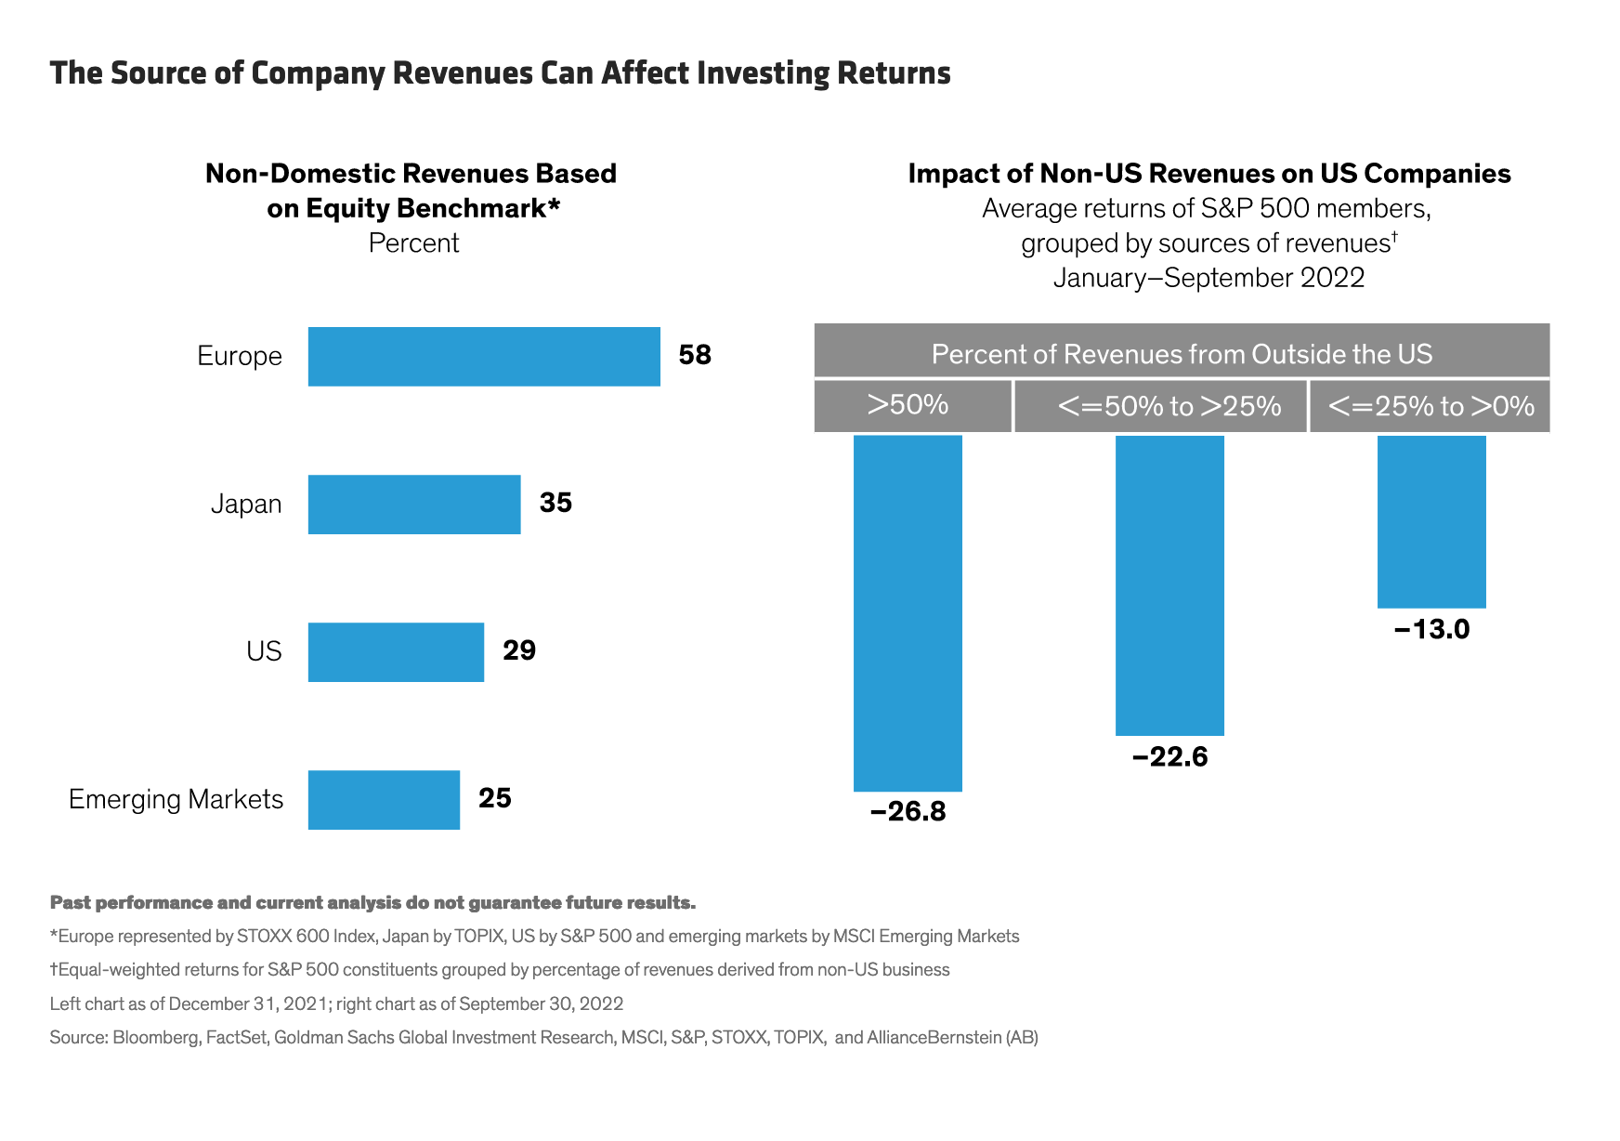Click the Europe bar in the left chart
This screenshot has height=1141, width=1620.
tap(484, 356)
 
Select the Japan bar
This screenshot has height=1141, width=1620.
tap(414, 505)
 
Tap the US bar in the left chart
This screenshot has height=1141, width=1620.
tap(396, 651)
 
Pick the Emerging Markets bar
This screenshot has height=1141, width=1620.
tap(384, 799)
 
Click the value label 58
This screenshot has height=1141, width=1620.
tap(695, 355)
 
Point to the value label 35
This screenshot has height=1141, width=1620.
tap(555, 503)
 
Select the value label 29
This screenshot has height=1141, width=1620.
tap(519, 650)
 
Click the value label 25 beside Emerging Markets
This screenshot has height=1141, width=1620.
tap(495, 798)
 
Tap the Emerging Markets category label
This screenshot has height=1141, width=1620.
tap(176, 799)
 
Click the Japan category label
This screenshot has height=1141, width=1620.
tap(246, 505)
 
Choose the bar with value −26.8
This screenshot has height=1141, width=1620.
tap(908, 613)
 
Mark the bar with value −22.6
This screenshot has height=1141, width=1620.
tap(1169, 585)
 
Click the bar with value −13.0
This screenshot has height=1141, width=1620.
tap(1431, 521)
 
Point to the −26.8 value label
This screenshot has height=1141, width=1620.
tap(908, 812)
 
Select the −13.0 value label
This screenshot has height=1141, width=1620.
tap(1431, 630)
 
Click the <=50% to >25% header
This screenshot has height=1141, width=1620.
tap(1169, 406)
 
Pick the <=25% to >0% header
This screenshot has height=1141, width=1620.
tap(1431, 406)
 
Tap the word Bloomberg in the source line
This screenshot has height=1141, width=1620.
tap(156, 1037)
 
